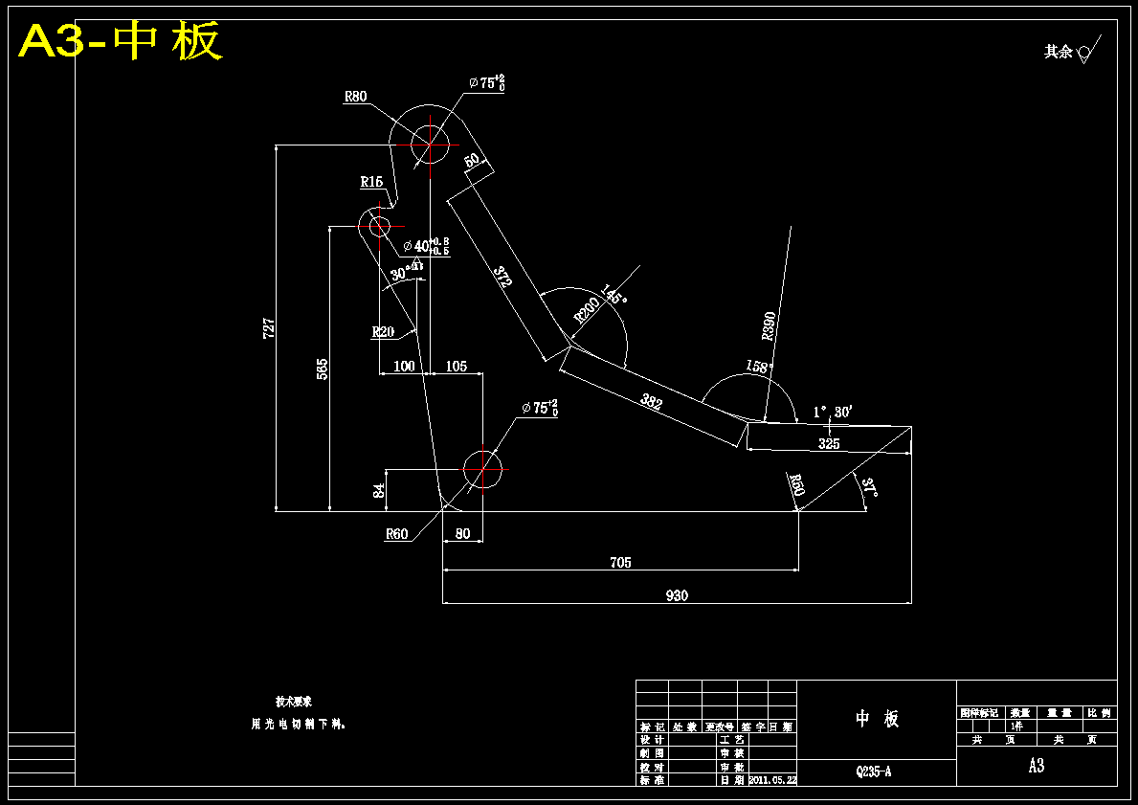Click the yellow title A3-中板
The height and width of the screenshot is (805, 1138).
[x=121, y=41]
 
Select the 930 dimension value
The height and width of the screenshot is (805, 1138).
[x=677, y=595]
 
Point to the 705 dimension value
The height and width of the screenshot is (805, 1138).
[x=620, y=563]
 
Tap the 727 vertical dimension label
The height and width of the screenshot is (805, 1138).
[x=269, y=327]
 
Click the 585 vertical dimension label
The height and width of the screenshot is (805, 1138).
[x=323, y=369]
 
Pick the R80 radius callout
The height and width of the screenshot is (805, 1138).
[x=355, y=96]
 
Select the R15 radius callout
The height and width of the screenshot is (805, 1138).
[x=371, y=181]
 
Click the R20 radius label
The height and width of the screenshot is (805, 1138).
[x=383, y=332]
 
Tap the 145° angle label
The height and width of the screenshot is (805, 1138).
[x=614, y=294]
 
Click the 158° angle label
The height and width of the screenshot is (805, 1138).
[x=758, y=366]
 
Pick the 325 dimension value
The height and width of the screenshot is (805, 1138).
[x=829, y=444]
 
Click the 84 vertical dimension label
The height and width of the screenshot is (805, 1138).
[x=379, y=490]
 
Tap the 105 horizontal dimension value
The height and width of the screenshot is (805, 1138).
[x=457, y=366]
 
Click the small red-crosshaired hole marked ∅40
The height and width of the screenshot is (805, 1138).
[x=378, y=226]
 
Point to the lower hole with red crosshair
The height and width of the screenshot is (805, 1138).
[x=482, y=469]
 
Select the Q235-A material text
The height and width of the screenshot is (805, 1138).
[x=874, y=771]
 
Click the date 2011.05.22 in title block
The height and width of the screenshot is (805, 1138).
[x=771, y=780]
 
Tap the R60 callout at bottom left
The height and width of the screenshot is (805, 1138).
[x=396, y=534]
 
